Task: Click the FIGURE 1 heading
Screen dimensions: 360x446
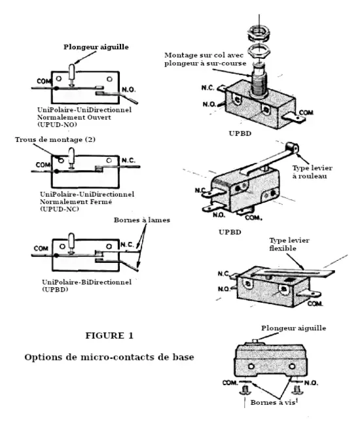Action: pyautogui.click(x=109, y=335)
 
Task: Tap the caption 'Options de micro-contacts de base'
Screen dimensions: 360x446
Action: pyautogui.click(x=109, y=357)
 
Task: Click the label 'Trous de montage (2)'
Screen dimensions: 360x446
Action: pyautogui.click(x=55, y=140)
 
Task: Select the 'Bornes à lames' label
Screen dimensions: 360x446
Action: pyautogui.click(x=142, y=220)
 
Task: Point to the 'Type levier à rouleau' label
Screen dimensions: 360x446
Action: pyautogui.click(x=312, y=172)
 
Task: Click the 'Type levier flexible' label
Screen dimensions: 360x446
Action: pyautogui.click(x=289, y=245)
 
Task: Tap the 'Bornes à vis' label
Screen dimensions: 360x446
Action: pyautogui.click(x=273, y=402)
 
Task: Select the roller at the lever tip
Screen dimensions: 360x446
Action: pyautogui.click(x=292, y=148)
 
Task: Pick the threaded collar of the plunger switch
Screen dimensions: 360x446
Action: pyautogui.click(x=259, y=81)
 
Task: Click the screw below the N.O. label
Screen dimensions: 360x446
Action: pyautogui.click(x=298, y=389)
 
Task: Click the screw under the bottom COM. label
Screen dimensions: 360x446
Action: pyautogui.click(x=245, y=389)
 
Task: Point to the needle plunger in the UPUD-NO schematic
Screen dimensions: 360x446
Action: pyautogui.click(x=72, y=75)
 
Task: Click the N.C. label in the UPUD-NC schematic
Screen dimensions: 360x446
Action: pyautogui.click(x=129, y=160)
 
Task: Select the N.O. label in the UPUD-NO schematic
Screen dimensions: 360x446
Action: pyautogui.click(x=129, y=90)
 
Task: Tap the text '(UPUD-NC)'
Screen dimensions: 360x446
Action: pyautogui.click(x=60, y=209)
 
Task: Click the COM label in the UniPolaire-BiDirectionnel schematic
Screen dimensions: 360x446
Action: pyautogui.click(x=41, y=249)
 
